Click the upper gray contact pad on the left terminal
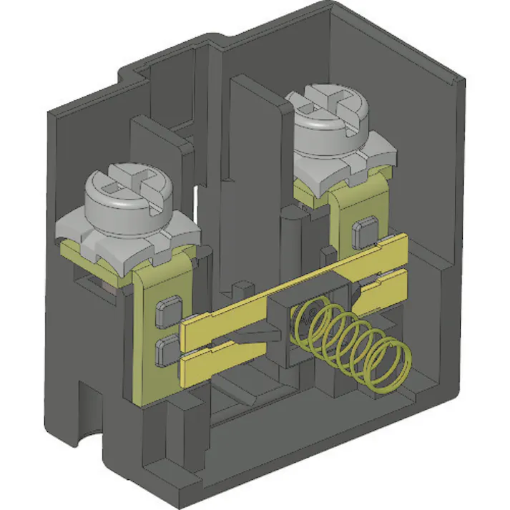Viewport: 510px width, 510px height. coord(166,309)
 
